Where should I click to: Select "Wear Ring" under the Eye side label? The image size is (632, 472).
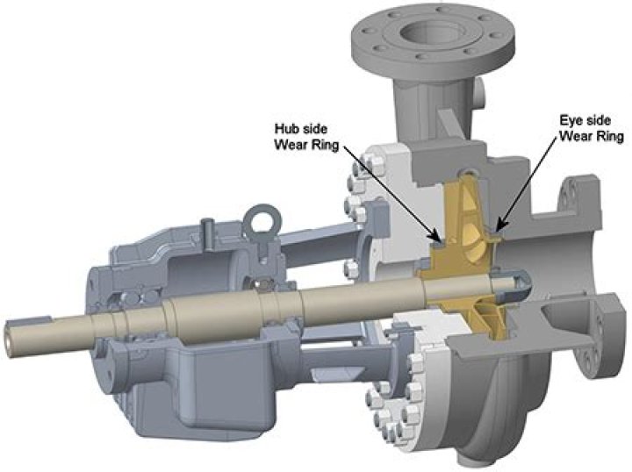point(592,138)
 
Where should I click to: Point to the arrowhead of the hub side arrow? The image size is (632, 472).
point(437,238)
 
